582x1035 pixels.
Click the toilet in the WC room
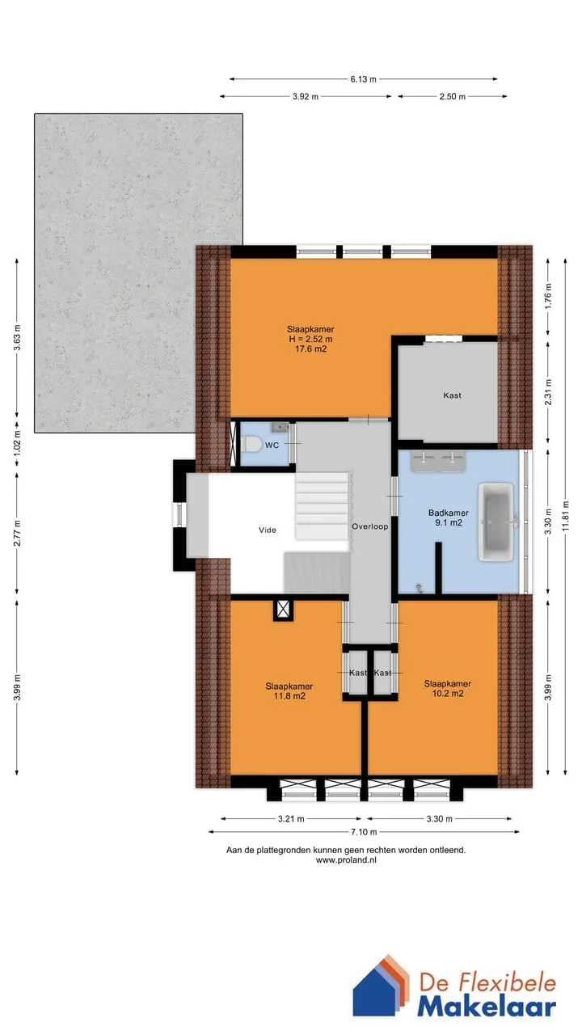click(x=251, y=445)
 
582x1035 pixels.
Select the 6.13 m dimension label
click(x=363, y=79)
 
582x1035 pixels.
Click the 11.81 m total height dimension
click(x=566, y=516)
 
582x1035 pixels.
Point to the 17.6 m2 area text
click(x=311, y=349)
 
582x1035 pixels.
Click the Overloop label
click(x=370, y=526)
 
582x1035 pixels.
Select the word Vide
click(x=268, y=530)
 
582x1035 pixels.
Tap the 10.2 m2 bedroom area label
click(x=448, y=694)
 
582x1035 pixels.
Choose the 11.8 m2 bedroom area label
click(x=289, y=696)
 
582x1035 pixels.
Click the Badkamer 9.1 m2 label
click(x=449, y=517)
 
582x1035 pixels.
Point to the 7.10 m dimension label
click(x=364, y=832)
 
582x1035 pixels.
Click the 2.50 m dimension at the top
click(x=452, y=96)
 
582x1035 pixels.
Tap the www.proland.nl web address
click(x=346, y=860)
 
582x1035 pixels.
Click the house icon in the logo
click(x=381, y=984)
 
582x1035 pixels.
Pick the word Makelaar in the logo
click(x=487, y=1008)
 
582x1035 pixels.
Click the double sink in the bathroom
click(x=438, y=461)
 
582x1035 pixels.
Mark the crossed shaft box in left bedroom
click(x=283, y=610)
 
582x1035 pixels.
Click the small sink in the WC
click(x=280, y=428)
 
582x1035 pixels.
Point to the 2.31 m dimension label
click(x=548, y=392)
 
